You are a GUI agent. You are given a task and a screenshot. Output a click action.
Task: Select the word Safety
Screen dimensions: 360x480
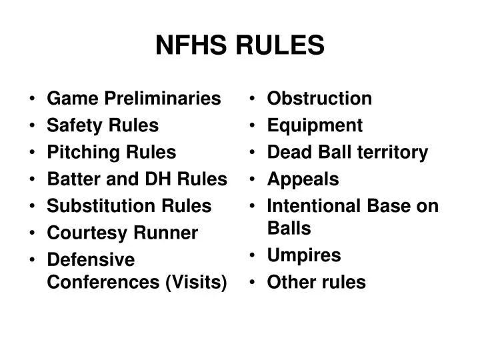(72, 125)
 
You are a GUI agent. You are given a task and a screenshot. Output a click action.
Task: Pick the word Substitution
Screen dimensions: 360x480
(92, 205)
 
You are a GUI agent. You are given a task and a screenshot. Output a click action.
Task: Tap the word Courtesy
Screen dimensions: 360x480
(80, 233)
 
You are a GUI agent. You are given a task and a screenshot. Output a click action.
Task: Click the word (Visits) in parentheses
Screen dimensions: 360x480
(195, 282)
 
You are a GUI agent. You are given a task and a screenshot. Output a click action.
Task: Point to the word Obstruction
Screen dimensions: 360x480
(319, 99)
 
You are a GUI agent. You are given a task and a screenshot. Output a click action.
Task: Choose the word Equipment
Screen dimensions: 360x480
(315, 125)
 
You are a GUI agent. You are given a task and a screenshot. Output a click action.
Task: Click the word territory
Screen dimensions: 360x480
(393, 152)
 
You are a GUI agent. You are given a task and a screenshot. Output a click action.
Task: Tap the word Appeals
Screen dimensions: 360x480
(303, 179)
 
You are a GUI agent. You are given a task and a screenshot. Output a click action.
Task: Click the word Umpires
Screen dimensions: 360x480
(303, 255)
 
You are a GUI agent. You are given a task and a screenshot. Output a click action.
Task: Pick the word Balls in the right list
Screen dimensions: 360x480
(289, 228)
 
